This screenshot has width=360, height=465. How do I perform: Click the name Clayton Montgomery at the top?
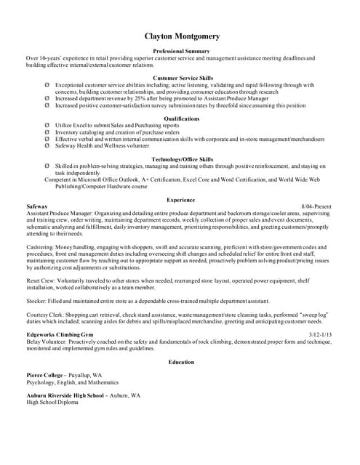click(182, 36)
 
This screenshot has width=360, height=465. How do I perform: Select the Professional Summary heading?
click(182, 52)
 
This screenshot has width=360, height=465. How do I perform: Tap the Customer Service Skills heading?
click(182, 77)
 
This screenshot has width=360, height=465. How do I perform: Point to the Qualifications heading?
click(182, 118)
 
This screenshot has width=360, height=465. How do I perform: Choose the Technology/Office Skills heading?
click(182, 159)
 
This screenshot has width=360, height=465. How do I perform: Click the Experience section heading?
click(181, 200)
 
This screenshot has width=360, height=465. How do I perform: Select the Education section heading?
click(181, 362)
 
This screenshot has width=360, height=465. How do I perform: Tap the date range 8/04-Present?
click(316, 206)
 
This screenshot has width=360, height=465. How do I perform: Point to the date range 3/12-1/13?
click(320, 333)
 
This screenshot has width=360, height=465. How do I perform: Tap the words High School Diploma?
click(52, 402)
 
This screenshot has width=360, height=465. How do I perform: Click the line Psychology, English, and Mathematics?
click(72, 381)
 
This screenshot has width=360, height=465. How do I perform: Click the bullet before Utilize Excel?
click(47, 126)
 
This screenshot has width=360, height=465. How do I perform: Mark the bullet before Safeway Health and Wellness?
click(47, 145)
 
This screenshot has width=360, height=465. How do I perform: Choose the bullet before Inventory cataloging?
click(47, 132)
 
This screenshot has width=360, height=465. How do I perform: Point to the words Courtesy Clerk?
click(46, 313)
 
